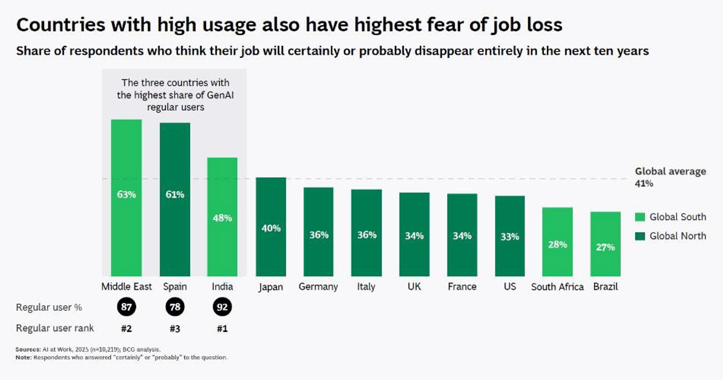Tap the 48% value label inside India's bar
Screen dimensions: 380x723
pos(222,218)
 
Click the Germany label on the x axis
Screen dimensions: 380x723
pos(318,287)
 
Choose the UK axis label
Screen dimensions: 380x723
pos(414,287)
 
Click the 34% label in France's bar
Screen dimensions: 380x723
pos(462,236)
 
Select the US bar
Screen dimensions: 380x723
pos(510,236)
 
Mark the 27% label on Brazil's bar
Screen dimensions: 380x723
pos(605,247)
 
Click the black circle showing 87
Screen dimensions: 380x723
pos(126,307)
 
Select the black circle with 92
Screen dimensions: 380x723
pos(222,307)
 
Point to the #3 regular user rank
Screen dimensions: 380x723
pos(175,329)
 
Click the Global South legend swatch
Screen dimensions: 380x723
pos(640,217)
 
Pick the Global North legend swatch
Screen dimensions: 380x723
pos(640,236)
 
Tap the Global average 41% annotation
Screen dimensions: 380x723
pos(670,177)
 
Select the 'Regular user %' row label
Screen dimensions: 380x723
pos(49,307)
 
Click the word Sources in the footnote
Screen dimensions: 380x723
pos(28,350)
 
